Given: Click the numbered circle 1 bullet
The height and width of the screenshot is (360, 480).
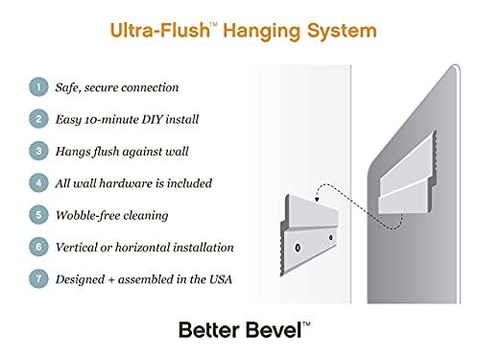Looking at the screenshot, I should (38, 87).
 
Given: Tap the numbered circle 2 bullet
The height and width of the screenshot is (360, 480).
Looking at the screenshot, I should (38, 119).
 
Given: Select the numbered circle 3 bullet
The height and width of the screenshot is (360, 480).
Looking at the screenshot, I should (38, 151).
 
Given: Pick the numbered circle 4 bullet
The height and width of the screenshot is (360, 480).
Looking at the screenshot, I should (38, 182).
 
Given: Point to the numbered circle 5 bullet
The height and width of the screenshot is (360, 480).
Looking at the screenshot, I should (38, 215).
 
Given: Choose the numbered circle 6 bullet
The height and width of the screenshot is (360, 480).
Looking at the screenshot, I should (38, 247).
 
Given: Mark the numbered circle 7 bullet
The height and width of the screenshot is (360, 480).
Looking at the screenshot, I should (38, 278).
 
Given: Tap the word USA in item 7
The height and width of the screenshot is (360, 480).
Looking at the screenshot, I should (222, 278).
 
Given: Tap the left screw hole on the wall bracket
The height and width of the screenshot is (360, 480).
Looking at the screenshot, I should (299, 247).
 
